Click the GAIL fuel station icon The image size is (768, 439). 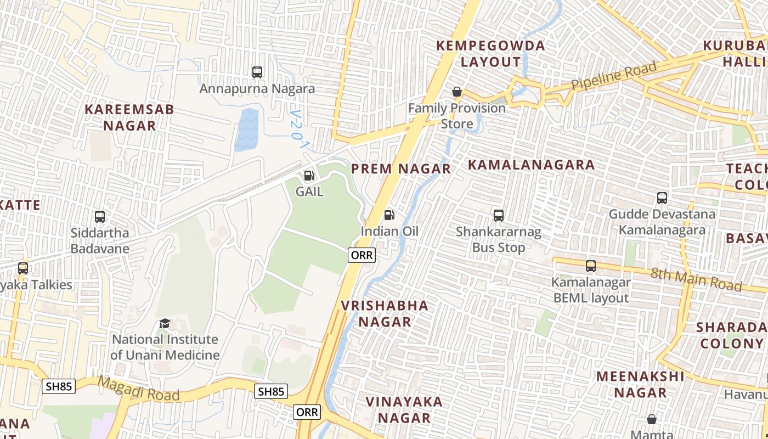(309, 176)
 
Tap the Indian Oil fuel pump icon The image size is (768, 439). (389, 215)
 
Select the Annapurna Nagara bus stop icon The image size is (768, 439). (257, 72)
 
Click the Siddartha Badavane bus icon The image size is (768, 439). (99, 216)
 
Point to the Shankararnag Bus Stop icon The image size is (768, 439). (498, 215)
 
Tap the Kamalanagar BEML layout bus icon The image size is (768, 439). (590, 266)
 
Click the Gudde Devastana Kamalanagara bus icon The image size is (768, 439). (662, 198)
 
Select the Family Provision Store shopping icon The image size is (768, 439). (456, 92)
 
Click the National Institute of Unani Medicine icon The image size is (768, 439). (165, 323)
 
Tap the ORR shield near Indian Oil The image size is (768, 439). (362, 255)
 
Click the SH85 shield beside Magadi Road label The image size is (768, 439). (59, 386)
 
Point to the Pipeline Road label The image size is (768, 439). (614, 76)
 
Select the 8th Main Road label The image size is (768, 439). (696, 279)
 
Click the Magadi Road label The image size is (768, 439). (139, 388)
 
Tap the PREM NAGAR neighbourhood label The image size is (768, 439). (401, 168)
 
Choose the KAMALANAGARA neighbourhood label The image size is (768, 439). (531, 165)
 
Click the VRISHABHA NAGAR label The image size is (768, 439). (385, 313)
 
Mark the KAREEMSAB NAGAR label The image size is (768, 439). (129, 117)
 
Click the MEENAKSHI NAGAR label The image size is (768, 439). (640, 384)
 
